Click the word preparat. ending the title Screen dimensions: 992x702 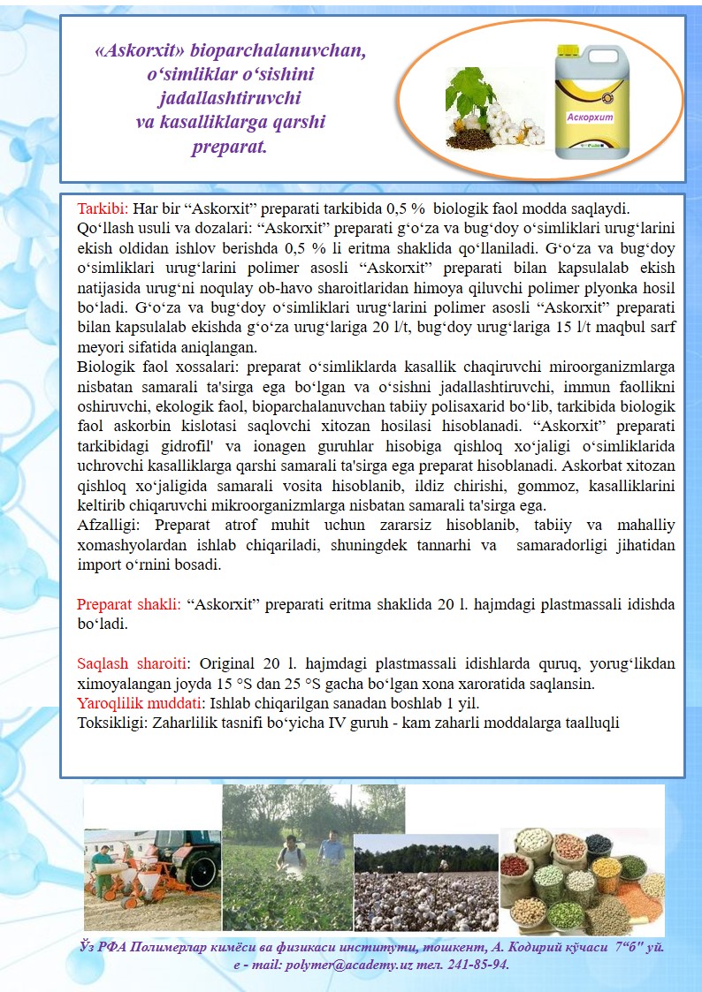(x=229, y=145)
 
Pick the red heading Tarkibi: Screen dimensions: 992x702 (x=103, y=209)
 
